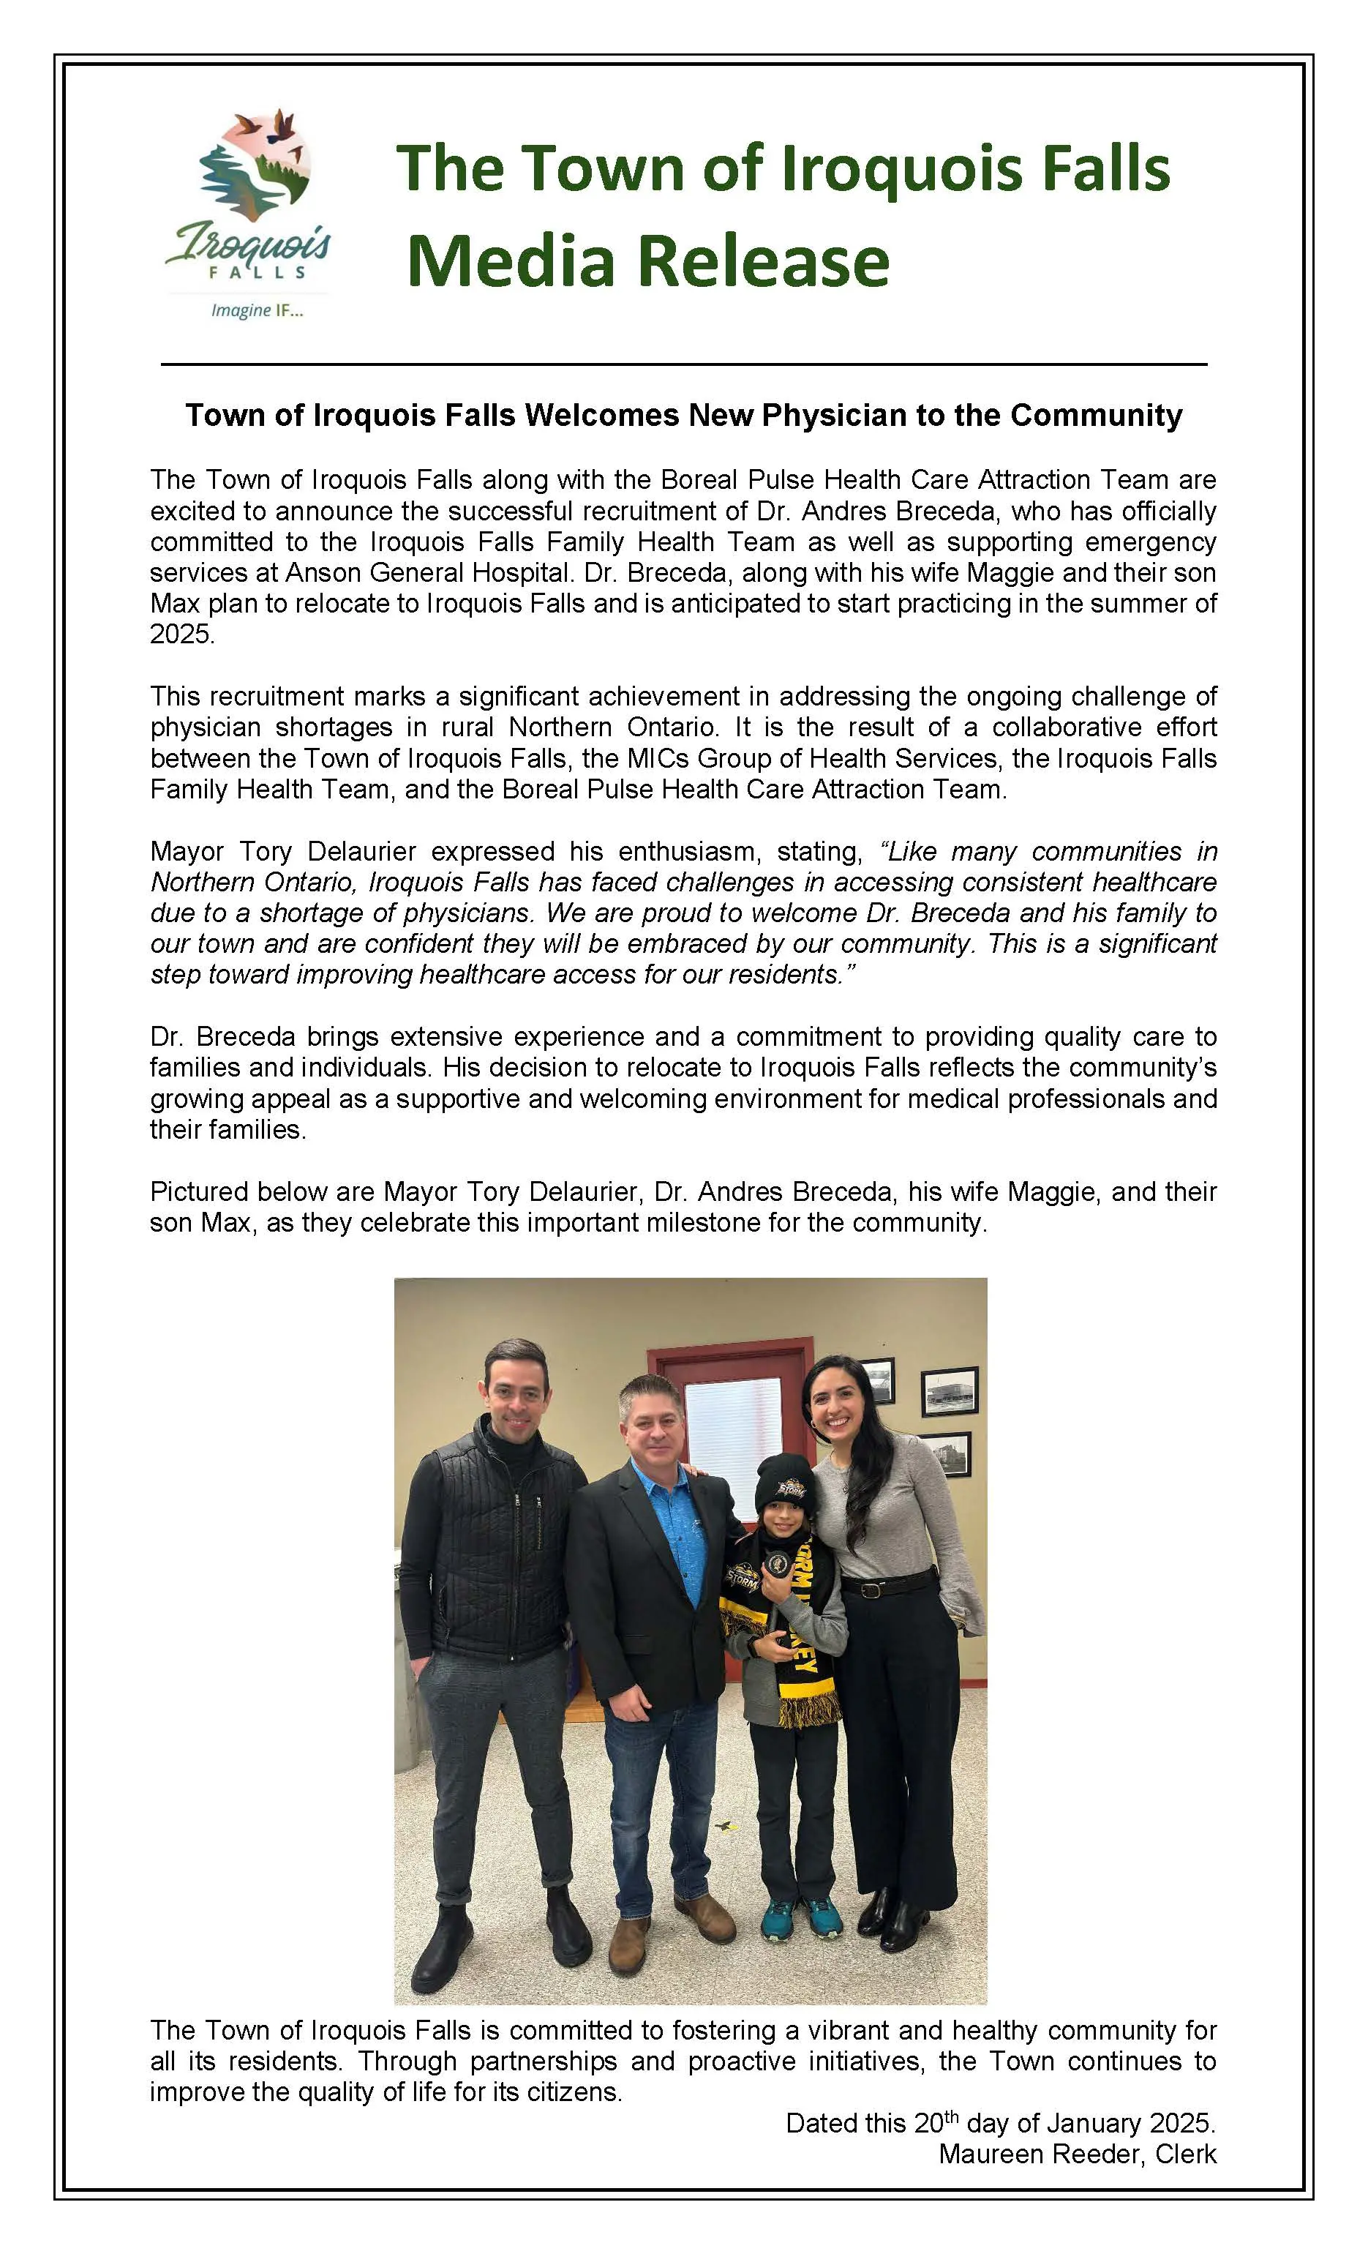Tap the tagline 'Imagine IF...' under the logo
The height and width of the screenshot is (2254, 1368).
click(257, 311)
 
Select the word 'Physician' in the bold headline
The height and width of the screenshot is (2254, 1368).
click(834, 416)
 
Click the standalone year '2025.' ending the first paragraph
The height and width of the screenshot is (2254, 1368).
click(183, 634)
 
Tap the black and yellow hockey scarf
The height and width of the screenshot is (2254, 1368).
click(803, 1638)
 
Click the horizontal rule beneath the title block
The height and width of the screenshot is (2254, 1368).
click(684, 365)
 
